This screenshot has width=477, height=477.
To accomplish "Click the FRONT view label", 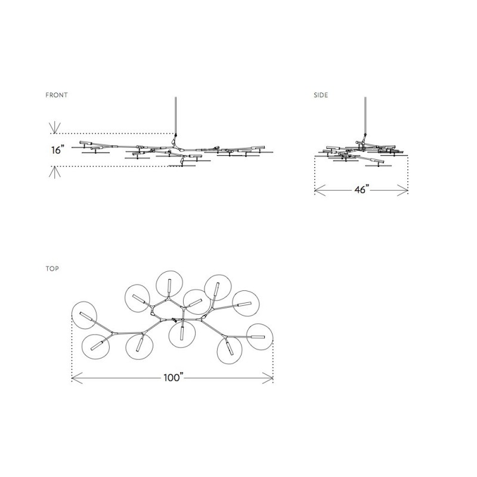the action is (57, 95).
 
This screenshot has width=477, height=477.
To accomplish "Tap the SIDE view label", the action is (321, 95).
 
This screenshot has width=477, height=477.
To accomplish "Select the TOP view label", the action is (52, 269).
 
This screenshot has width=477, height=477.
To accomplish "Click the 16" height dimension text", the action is (58, 150).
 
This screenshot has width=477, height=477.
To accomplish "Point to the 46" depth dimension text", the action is (362, 190).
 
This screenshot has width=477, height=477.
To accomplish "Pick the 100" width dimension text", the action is (174, 377).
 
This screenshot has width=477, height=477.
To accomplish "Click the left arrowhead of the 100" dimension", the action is (77, 378).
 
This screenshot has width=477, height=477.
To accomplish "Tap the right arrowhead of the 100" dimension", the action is (268, 378).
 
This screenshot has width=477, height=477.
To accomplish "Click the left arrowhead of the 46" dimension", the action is (320, 190).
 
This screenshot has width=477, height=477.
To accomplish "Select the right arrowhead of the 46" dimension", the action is (402, 190).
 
